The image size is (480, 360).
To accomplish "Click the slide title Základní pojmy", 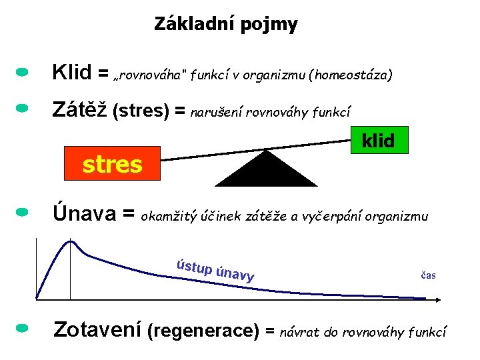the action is [x=225, y=25].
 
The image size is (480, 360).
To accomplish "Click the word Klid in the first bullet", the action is [x=71, y=72].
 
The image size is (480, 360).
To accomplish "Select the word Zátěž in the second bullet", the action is [x=80, y=109].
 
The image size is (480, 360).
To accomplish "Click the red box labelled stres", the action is [x=112, y=163].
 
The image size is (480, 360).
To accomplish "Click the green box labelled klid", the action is [x=378, y=140].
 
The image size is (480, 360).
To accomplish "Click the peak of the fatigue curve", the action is [x=70, y=241].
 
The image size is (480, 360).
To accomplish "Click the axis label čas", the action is [x=428, y=275].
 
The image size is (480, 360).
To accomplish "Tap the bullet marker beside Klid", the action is [x=22, y=70].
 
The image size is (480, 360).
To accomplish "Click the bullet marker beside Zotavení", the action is [x=22, y=328].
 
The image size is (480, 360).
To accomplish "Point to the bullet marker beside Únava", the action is [x=22, y=212].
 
